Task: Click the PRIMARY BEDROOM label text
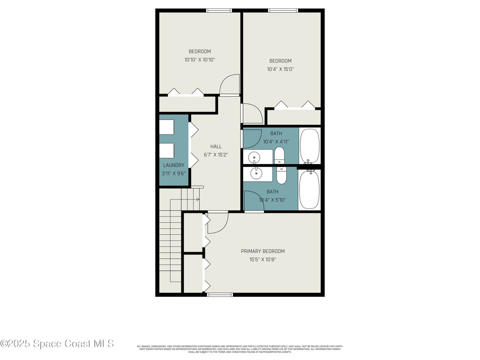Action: point(262,251)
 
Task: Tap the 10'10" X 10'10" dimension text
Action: point(200,60)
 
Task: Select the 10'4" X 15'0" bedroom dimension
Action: point(280,69)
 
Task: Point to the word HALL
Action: point(216,147)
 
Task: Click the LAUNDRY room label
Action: point(173,165)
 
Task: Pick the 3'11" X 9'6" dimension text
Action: point(173,173)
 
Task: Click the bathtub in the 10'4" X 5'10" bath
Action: point(309,189)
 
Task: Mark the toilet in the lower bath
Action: point(281,175)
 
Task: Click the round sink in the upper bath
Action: point(254,157)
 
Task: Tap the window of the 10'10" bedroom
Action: point(219,10)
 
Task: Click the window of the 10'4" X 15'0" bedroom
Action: point(282,10)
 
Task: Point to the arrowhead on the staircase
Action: point(198,200)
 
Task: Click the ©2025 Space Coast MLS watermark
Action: point(57,344)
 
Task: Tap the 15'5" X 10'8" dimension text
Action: point(262,260)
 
